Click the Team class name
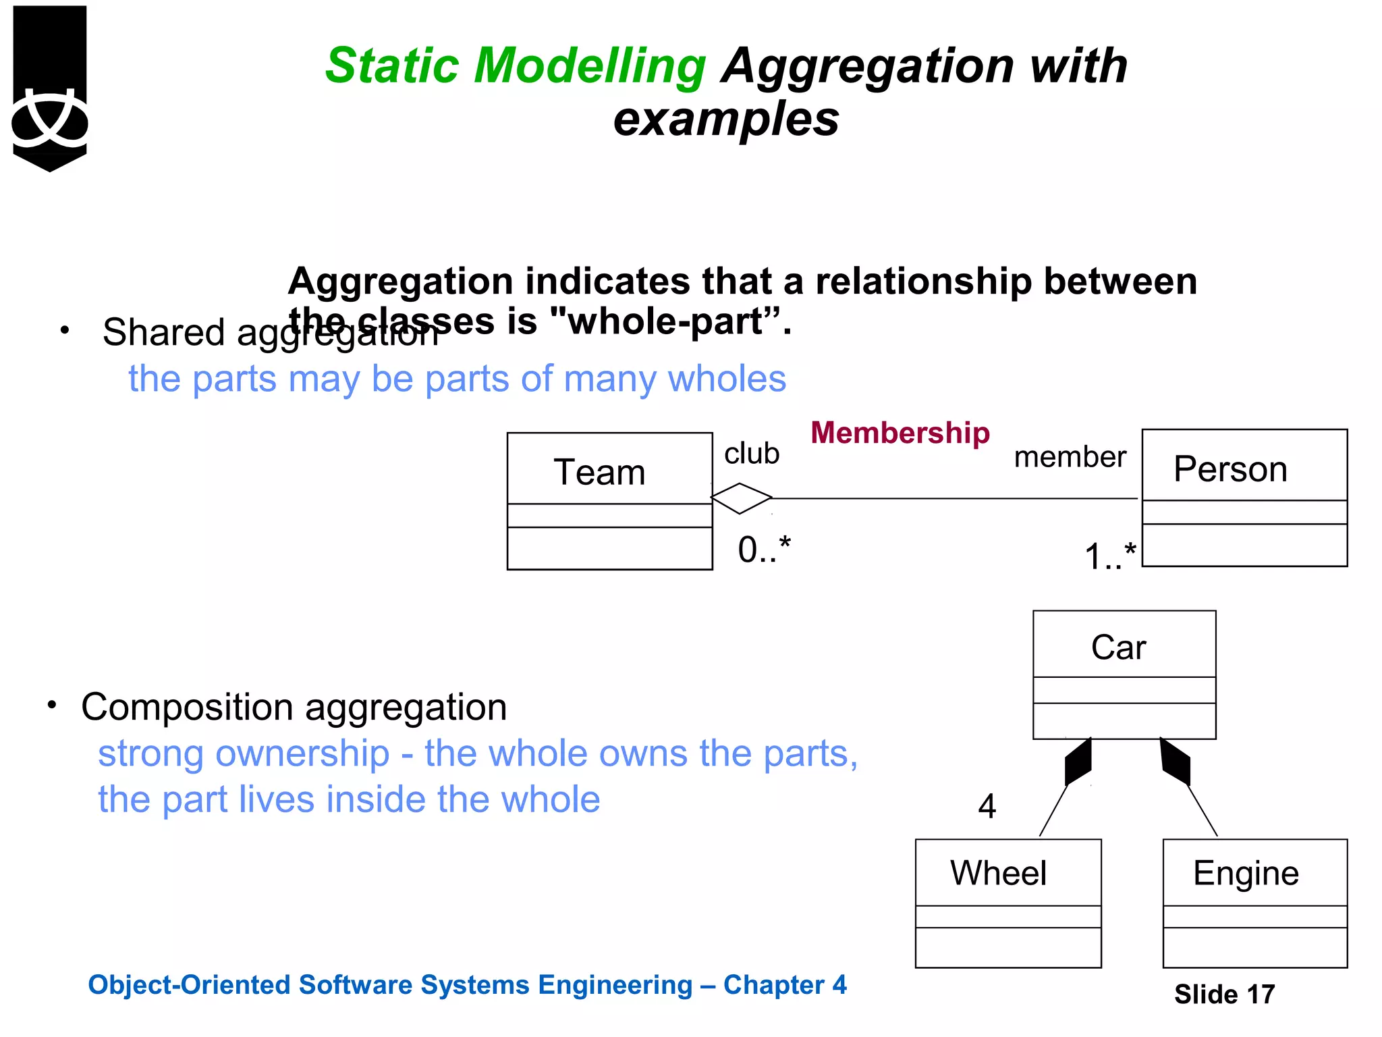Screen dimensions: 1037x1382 [599, 472]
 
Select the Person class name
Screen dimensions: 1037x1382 [1229, 469]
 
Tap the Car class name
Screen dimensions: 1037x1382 [1118, 647]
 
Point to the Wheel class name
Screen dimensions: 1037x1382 [998, 873]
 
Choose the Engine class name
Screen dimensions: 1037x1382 [1246, 873]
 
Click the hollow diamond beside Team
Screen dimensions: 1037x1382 [741, 498]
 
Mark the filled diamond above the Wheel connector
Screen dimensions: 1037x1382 [1078, 762]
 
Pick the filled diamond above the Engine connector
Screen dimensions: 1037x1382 [1175, 762]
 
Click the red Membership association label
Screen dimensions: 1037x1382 [900, 433]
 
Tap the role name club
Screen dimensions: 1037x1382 [752, 454]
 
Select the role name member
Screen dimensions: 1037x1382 [1070, 457]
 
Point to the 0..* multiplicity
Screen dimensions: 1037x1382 [764, 550]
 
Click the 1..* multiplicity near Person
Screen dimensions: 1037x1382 [1110, 557]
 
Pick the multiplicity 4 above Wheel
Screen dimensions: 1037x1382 [987, 806]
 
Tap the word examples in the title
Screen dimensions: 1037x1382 [726, 119]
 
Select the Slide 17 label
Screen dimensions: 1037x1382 [1224, 994]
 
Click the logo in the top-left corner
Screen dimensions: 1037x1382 [50, 88]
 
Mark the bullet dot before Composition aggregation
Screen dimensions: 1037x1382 [52, 705]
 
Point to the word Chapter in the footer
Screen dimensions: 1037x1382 [773, 985]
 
